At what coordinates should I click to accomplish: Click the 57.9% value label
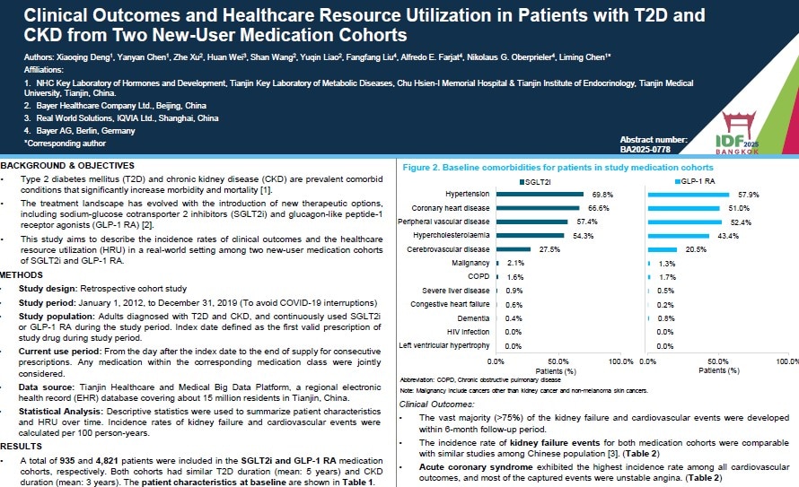pos(749,194)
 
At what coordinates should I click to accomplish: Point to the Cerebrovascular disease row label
pos(449,249)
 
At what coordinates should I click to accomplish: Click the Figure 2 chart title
pos(558,168)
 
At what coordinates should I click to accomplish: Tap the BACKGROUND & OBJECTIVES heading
pos(67,166)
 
